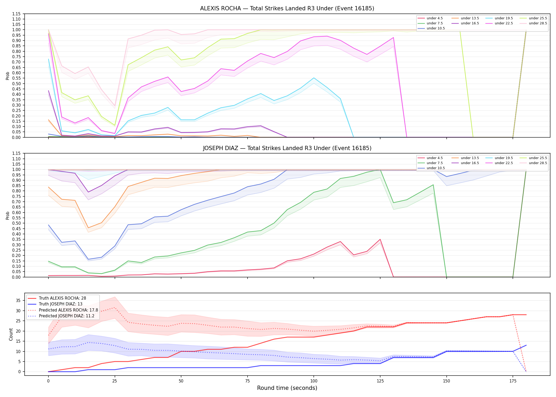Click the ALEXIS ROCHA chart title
pyautogui.click(x=287, y=8)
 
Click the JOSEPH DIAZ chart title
pyautogui.click(x=287, y=148)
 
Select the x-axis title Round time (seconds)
pyautogui.click(x=287, y=388)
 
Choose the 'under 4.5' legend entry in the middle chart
pyautogui.click(x=430, y=158)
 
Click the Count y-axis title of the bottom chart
pyautogui.click(x=11, y=334)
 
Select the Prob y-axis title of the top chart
pyautogui.click(x=8, y=76)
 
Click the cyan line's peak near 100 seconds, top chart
pyautogui.click(x=314, y=78)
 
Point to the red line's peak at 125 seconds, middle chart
pyautogui.click(x=380, y=239)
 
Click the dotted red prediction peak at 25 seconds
pyautogui.click(x=114, y=308)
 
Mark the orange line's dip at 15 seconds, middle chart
pyautogui.click(x=88, y=228)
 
